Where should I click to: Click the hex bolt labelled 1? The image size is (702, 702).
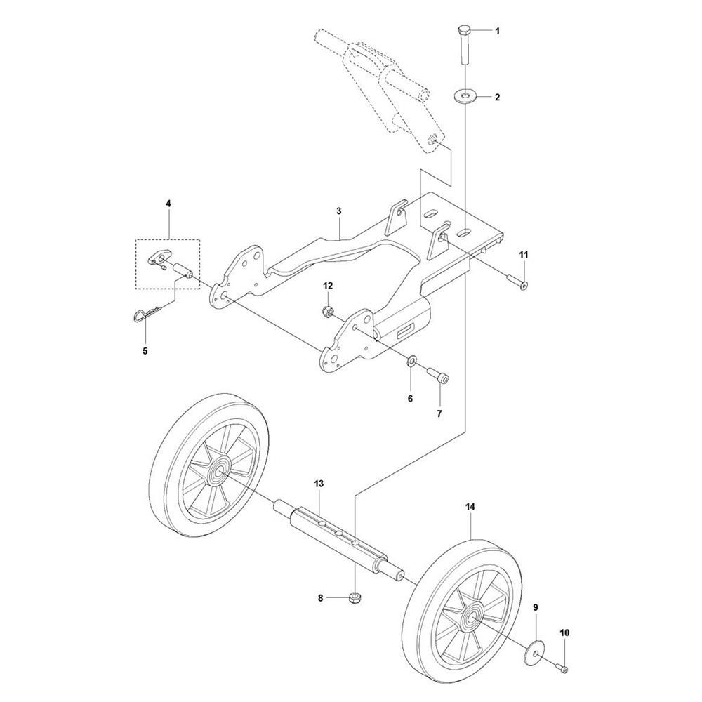tap(464, 46)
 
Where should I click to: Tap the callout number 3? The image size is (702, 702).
tap(339, 211)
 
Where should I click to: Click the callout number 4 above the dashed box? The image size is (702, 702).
tap(168, 204)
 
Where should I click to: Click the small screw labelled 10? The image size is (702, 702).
tap(560, 668)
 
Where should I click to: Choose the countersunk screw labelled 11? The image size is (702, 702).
tap(517, 282)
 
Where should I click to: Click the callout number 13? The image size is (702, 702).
tap(319, 484)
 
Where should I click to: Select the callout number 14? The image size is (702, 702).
tap(470, 507)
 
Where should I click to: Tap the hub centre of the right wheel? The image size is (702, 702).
tap(472, 617)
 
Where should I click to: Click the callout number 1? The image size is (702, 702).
tap(497, 32)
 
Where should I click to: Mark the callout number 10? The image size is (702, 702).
tap(564, 633)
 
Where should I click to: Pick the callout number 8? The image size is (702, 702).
tap(320, 597)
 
